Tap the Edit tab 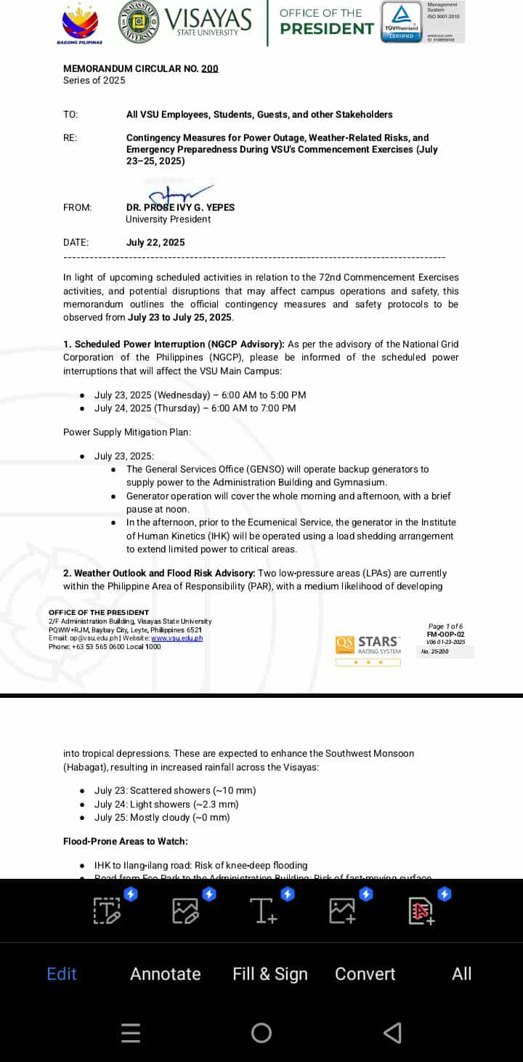[x=62, y=974]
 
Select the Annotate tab [x=166, y=974]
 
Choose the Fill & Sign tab [x=270, y=974]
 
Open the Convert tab [x=365, y=974]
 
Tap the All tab [x=462, y=974]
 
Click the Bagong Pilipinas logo [x=80, y=23]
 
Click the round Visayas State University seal [x=140, y=22]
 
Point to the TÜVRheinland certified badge [x=402, y=22]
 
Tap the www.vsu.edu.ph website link [x=177, y=638]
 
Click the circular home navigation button [x=261, y=1033]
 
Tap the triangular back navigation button [x=392, y=1033]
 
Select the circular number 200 [x=210, y=69]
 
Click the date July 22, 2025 [x=155, y=243]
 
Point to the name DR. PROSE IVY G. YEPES [x=180, y=208]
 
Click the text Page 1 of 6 [x=445, y=627]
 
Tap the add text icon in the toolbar [x=263, y=910]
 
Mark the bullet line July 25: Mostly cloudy [x=161, y=818]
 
